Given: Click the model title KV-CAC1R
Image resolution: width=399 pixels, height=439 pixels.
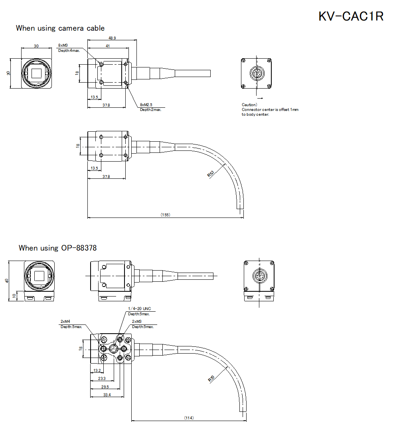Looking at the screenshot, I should point(351,16).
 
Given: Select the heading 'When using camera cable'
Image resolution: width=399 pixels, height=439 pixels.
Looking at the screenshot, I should point(60,28).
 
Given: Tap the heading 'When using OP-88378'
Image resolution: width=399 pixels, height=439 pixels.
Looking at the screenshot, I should point(57,248).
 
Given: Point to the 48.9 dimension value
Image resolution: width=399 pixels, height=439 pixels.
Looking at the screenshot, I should point(112,38).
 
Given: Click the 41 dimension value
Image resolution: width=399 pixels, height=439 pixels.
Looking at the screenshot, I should point(108,46).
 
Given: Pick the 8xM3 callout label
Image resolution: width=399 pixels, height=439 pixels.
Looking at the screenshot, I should point(63,45).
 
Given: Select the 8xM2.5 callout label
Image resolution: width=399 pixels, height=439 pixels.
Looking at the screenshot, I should point(146,105).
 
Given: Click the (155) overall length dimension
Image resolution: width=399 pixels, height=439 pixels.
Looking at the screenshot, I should point(165,215).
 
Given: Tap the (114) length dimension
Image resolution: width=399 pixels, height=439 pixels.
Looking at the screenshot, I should point(189,418).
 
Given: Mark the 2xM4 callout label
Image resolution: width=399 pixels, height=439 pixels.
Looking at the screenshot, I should point(65,321).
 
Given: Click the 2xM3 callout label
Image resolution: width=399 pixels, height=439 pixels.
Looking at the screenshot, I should point(137,321).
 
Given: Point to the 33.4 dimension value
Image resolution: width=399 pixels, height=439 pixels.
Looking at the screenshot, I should point(107,395).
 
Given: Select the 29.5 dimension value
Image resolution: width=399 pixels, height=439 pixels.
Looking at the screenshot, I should point(105,387).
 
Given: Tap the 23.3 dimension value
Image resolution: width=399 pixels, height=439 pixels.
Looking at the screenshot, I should point(102,378).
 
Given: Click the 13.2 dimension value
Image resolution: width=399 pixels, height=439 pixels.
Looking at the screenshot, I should point(97,370).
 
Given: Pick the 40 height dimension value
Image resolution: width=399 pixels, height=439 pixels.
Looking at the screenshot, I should point(6,281).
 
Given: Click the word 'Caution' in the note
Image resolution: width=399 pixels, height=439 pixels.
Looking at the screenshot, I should point(249,105).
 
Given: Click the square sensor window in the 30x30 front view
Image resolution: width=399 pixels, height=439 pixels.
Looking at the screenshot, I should point(37,73).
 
